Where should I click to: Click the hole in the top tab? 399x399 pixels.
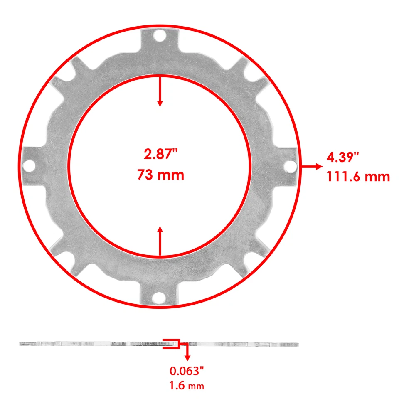coord(159,36)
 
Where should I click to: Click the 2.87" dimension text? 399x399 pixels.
coord(160,155)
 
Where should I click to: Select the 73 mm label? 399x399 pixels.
coord(160,175)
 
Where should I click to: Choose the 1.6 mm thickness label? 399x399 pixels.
coord(187,386)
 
